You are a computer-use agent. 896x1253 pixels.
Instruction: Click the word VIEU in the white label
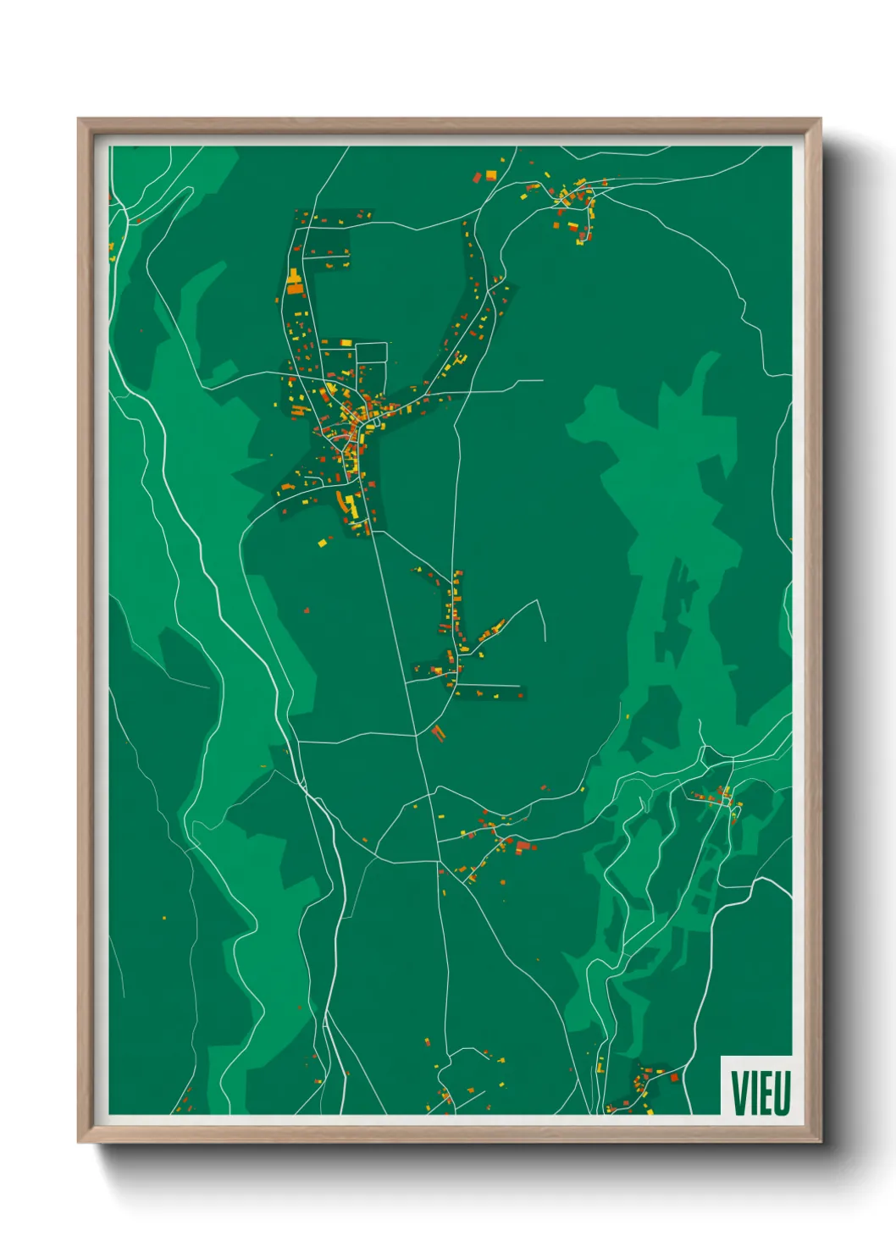click(x=760, y=1092)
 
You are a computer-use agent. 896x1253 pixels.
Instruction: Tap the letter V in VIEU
click(x=739, y=1092)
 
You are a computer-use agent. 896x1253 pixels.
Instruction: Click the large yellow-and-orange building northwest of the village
click(x=294, y=282)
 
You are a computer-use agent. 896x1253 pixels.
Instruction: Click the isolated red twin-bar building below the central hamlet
click(x=438, y=731)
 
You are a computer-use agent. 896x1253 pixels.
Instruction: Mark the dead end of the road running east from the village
click(x=542, y=380)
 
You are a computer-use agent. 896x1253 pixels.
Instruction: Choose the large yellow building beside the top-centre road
click(x=490, y=174)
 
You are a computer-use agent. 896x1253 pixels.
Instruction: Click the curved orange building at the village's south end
click(x=349, y=505)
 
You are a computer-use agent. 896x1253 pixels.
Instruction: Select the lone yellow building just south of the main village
click(x=322, y=542)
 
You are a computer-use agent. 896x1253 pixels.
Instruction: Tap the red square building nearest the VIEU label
click(x=674, y=1078)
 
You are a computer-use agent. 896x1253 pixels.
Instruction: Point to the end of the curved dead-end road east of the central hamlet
click(x=545, y=639)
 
